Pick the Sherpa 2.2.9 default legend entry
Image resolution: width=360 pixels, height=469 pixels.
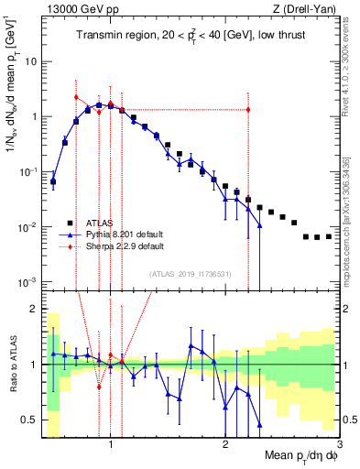click(124, 246)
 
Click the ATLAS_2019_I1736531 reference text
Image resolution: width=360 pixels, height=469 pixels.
click(191, 273)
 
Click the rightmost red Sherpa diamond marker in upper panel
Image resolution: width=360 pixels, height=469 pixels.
click(248, 111)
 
